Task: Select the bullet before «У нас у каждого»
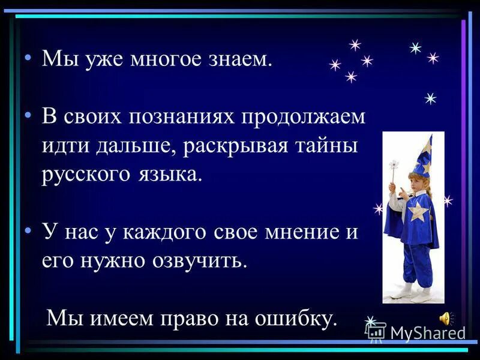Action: click(x=28, y=231)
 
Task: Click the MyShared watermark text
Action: click(x=427, y=332)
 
